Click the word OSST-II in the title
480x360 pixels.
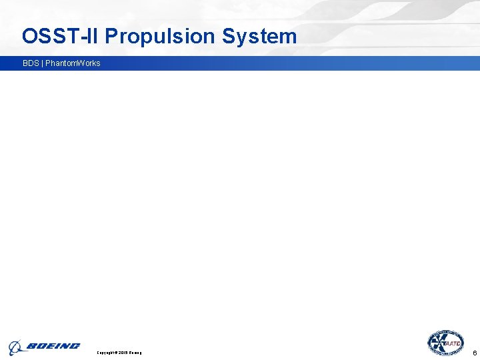(x=60, y=36)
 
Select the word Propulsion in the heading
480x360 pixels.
(x=161, y=36)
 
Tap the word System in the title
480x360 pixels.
(x=259, y=36)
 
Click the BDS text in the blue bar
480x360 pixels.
(x=31, y=63)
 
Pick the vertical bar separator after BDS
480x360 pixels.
(x=42, y=63)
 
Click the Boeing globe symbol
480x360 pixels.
(x=15, y=347)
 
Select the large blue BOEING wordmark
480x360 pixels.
(x=53, y=346)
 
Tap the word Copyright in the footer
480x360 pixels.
(x=107, y=352)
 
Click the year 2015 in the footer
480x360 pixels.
(x=123, y=352)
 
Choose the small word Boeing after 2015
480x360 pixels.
(x=135, y=352)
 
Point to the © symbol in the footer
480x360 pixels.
(x=117, y=352)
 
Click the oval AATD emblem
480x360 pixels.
(x=446, y=343)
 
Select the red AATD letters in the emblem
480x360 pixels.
(x=453, y=343)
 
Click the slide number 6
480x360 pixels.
(x=474, y=352)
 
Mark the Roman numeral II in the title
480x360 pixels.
(x=93, y=36)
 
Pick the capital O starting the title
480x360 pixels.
(x=30, y=36)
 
